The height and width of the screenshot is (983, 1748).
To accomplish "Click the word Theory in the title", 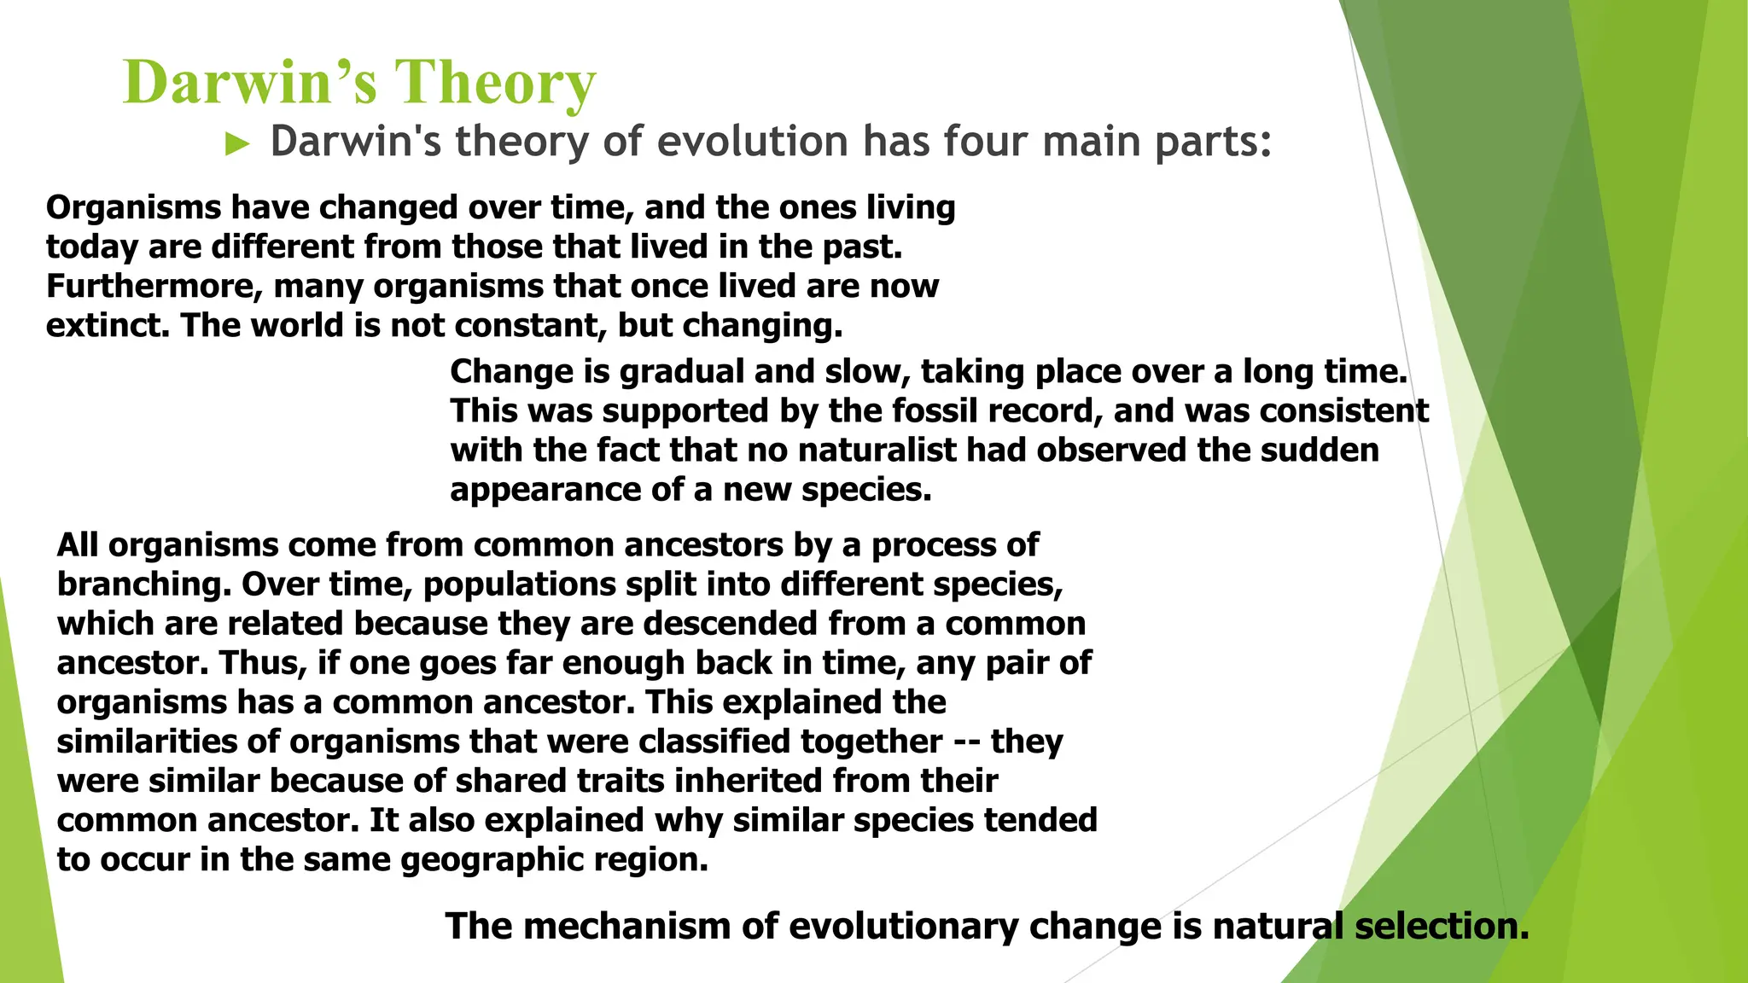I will [x=495, y=83].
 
